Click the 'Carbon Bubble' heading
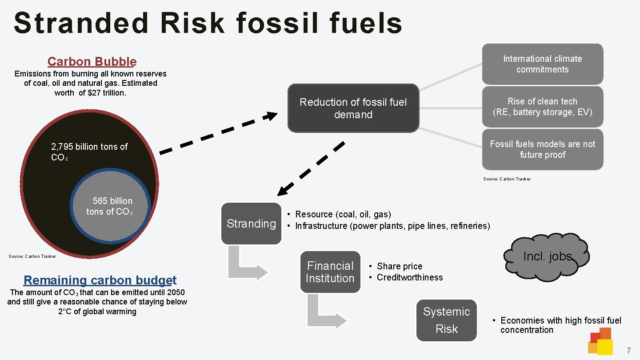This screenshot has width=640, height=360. point(92,62)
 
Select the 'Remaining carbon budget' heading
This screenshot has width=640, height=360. point(100,280)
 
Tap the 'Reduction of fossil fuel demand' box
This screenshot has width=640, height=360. point(353,108)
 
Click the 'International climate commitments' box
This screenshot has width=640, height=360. point(542,64)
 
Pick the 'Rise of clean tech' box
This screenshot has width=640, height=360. point(542,107)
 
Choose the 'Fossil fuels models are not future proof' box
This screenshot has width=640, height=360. point(542,149)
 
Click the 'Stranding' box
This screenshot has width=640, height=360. point(251,224)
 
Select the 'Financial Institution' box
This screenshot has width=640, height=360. point(330,272)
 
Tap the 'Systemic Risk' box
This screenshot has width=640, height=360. point(446,320)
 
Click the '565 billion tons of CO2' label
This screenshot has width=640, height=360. point(111,206)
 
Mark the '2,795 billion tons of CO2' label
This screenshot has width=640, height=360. point(89,152)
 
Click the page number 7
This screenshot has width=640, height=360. point(628,351)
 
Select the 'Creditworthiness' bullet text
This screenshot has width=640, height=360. point(410,277)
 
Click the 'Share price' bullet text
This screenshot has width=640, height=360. point(400,266)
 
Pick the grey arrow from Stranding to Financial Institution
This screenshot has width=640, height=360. point(247,265)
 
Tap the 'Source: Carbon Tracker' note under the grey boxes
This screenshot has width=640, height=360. point(507,179)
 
